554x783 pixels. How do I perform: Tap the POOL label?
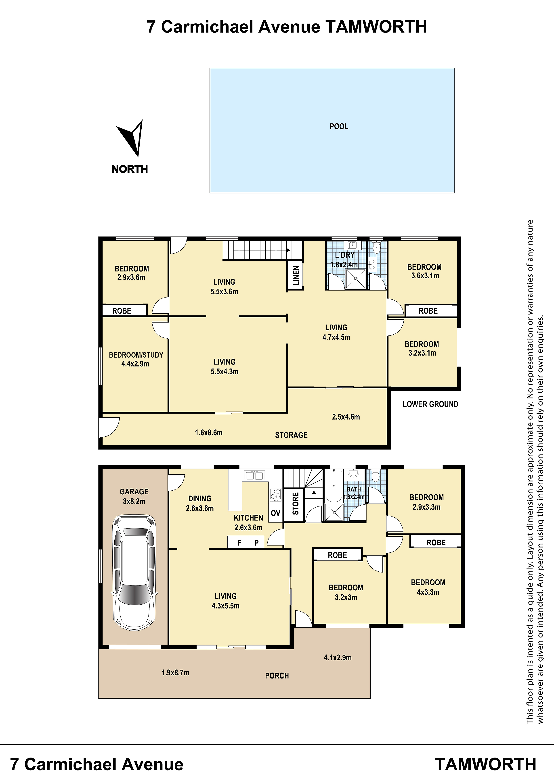click(x=339, y=127)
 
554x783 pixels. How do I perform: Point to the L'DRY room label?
click(x=345, y=255)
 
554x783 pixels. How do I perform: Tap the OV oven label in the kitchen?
click(x=275, y=513)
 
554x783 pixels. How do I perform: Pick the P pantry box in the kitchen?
click(x=256, y=542)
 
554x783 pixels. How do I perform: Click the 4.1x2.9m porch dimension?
click(x=338, y=658)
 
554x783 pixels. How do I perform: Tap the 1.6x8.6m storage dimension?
click(x=209, y=433)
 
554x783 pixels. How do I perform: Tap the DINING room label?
click(x=200, y=499)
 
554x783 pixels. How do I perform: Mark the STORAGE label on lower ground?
click(x=291, y=435)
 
